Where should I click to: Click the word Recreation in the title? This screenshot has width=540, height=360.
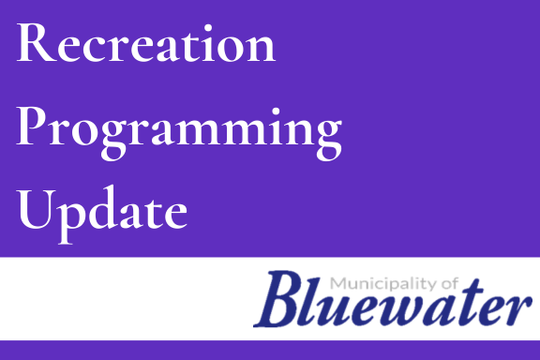(x=146, y=44)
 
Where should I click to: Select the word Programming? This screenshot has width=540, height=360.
(x=179, y=128)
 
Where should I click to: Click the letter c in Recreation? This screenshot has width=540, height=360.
(x=89, y=49)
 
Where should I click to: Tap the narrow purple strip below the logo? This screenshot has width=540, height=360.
(x=270, y=351)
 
